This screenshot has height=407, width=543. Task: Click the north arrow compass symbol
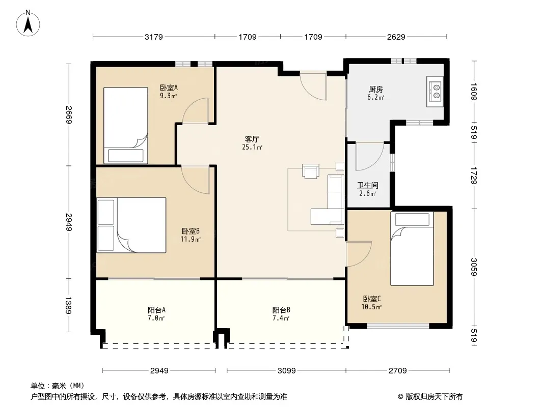pos(28,23)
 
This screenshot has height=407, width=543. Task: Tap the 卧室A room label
pos(169,88)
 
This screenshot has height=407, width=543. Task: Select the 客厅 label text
pos(252,139)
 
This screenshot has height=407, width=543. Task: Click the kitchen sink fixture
pos(435,91)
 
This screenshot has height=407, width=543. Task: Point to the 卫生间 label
pos(368,185)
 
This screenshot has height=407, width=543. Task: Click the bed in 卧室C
pos(412,249)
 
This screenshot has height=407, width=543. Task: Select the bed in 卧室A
pos(126,125)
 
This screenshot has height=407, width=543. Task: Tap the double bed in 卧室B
pos(131,225)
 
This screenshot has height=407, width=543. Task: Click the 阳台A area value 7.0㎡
pos(156,318)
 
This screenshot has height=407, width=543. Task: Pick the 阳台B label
pos(281,310)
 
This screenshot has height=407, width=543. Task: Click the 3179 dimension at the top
pos(154,37)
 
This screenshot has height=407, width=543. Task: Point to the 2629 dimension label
pos(396,37)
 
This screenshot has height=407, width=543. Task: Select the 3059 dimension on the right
pos(474,267)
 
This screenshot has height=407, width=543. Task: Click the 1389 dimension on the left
pos(69,305)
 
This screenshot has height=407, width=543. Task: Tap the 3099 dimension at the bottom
pos(287,371)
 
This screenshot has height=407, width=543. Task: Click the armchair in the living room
pos(311,171)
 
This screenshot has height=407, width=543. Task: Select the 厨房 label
pos(376,89)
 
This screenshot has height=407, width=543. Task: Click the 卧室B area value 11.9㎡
pos(191,239)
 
